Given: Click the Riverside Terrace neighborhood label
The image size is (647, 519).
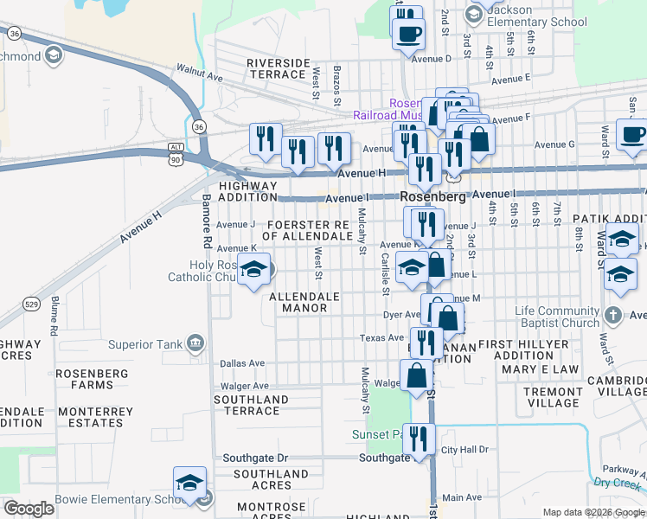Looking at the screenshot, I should click(x=278, y=69).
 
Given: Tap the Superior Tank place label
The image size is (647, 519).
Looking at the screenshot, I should click(x=145, y=344).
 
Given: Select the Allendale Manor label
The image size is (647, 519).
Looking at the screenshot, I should click(x=304, y=302).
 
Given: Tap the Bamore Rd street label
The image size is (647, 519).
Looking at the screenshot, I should click(x=207, y=219).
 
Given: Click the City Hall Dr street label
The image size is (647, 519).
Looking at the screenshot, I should click(x=464, y=450).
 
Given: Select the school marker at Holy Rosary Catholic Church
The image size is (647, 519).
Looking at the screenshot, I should click(x=253, y=269).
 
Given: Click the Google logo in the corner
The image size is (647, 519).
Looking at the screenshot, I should click(x=29, y=509).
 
